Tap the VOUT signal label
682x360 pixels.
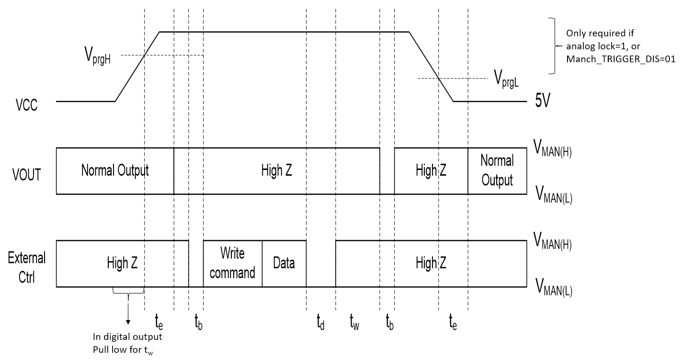click(27, 174)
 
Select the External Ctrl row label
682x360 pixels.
click(27, 267)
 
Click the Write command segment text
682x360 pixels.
click(232, 262)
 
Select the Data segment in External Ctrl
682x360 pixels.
click(284, 263)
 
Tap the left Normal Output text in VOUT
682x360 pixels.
click(115, 170)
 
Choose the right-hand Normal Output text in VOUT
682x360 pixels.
click(497, 170)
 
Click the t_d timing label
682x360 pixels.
click(321, 326)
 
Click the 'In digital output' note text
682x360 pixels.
click(127, 337)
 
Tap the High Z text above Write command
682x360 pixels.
click(276, 170)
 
